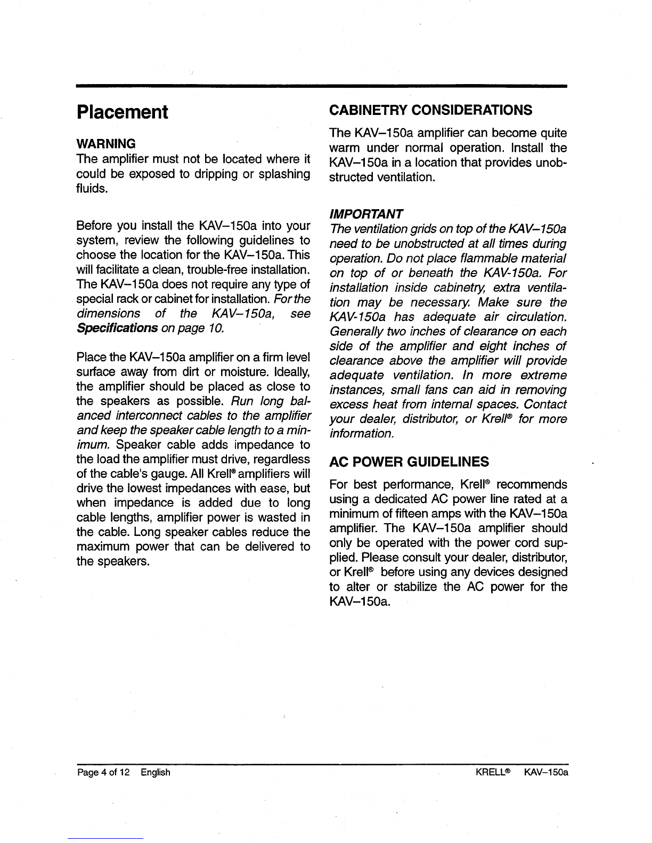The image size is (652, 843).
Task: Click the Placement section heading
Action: (x=123, y=112)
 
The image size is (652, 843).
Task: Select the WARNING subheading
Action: (x=106, y=144)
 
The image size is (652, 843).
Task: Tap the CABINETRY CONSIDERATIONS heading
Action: (x=430, y=110)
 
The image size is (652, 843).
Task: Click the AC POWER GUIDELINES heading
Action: (x=409, y=461)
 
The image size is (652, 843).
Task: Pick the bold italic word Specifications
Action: (x=117, y=328)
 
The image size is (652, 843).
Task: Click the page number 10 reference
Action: (x=213, y=328)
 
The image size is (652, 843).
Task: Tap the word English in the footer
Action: (x=156, y=772)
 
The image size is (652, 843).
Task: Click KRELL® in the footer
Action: (x=494, y=772)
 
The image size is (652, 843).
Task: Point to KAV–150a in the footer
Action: (x=546, y=772)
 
